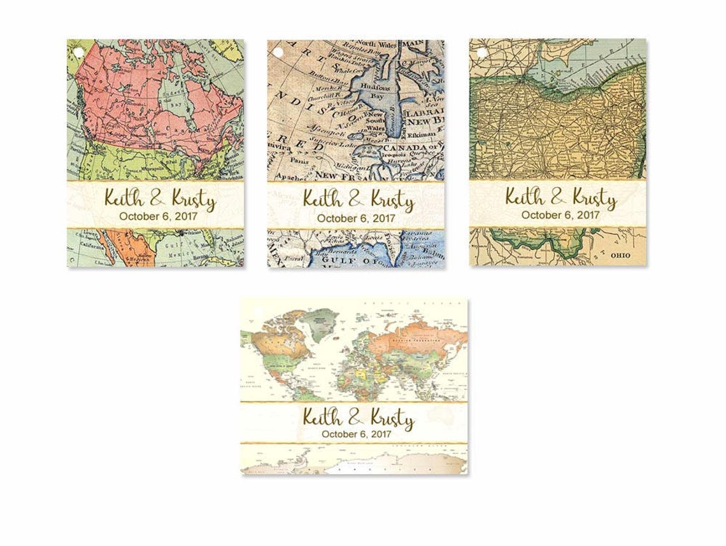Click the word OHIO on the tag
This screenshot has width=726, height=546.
click(622, 255)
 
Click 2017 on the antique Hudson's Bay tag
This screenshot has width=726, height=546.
click(381, 218)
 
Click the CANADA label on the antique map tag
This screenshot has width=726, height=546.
click(399, 148)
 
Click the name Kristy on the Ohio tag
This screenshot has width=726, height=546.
click(594, 198)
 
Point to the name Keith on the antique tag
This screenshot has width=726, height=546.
click(324, 199)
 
